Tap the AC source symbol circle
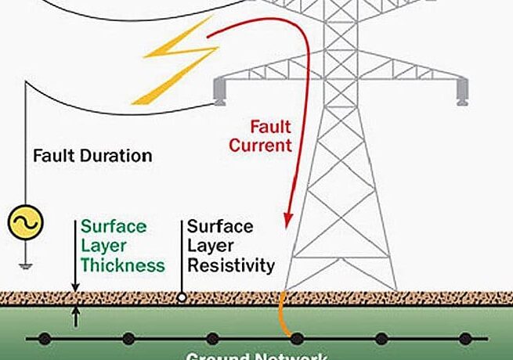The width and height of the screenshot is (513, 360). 24,224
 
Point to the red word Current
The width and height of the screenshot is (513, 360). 260,145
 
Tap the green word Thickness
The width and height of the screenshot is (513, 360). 123,265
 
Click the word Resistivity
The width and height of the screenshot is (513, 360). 231,265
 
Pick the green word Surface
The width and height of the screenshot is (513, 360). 114,227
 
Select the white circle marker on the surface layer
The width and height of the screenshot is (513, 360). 182,297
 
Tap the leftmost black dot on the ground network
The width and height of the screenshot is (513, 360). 45,339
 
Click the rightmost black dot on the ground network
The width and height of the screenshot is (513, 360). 465,339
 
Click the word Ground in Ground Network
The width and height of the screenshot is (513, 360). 219,356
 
